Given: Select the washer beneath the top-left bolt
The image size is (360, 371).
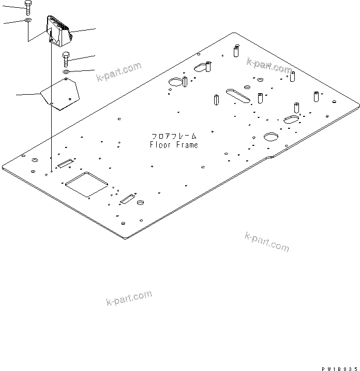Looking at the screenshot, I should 27,20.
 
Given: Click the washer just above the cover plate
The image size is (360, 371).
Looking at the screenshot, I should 67,71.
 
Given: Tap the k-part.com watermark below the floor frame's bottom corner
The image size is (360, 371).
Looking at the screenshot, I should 267,242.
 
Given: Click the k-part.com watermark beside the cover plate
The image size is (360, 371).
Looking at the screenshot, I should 118,72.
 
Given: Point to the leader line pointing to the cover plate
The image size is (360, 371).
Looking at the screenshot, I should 28,94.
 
